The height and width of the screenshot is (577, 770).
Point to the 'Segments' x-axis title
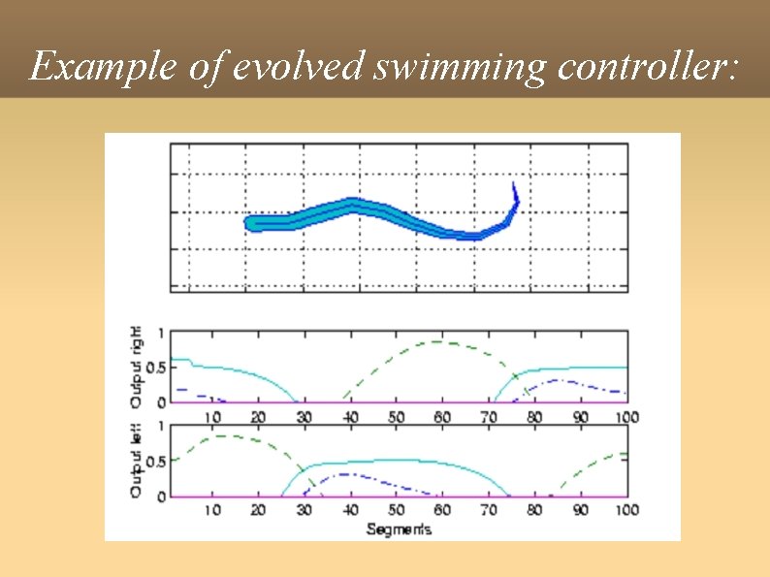pos(399,529)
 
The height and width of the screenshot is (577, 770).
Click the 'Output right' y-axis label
pos(137,366)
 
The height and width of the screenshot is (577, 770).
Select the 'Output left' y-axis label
pos(137,461)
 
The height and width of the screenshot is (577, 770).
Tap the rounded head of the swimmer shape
pos(252,224)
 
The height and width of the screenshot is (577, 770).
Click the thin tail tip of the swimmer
pos(515,185)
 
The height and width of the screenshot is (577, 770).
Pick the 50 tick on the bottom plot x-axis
pos(397,510)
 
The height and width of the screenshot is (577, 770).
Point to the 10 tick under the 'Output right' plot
pos(212,417)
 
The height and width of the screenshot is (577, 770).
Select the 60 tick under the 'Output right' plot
pos(442,417)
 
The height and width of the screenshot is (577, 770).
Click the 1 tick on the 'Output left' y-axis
pos(161,426)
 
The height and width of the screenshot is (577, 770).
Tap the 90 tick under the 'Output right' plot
pos(580,417)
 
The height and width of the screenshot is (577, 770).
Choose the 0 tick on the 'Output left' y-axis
pos(161,496)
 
